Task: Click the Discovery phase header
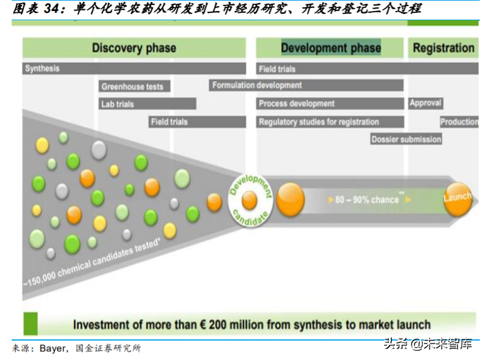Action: pyautogui.click(x=134, y=48)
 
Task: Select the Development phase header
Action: pyautogui.click(x=330, y=48)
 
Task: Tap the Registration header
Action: pyautogui.click(x=443, y=48)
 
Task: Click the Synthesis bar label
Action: pyautogui.click(x=42, y=68)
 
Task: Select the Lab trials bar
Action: pyautogui.click(x=147, y=104)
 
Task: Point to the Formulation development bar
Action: pyautogui.click(x=306, y=86)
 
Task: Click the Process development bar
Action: pyautogui.click(x=330, y=104)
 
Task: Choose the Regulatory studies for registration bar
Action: pyautogui.click(x=330, y=122)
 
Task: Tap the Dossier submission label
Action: pyautogui.click(x=406, y=139)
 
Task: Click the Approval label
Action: pyautogui.click(x=426, y=103)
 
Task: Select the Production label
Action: pyautogui.click(x=459, y=122)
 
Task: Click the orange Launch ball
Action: pyautogui.click(x=458, y=199)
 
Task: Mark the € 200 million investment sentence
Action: pyautogui.click(x=251, y=325)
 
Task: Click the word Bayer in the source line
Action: pyautogui.click(x=53, y=348)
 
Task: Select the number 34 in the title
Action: pyautogui.click(x=53, y=9)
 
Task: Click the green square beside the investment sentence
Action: pyautogui.click(x=31, y=324)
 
